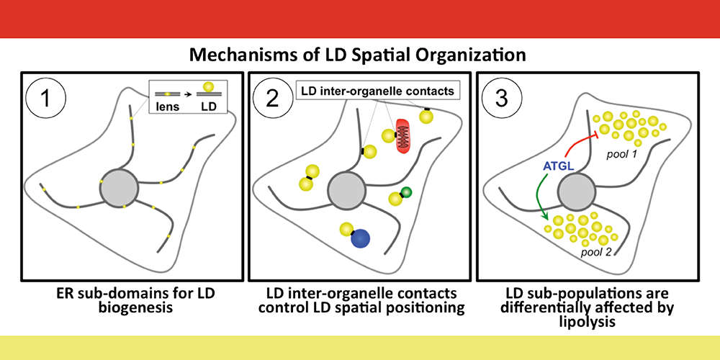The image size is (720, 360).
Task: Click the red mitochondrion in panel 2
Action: tap(407, 137)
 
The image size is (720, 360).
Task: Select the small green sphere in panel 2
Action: tap(407, 192)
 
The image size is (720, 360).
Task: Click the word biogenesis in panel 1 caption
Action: tap(130, 307)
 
